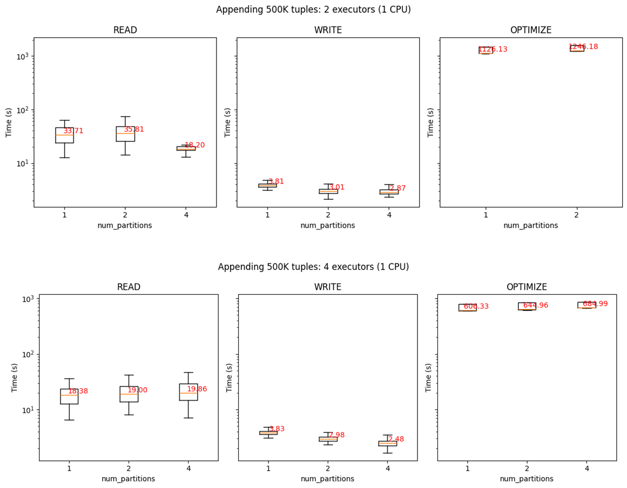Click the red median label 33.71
pos(73,131)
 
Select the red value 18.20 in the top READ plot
pos(194,145)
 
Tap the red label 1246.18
pos(583,47)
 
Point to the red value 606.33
pos(476,307)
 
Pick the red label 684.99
pos(595,304)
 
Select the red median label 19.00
pos(137,390)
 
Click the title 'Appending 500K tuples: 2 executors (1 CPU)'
pos(313,10)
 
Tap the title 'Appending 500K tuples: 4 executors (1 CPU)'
pos(313,267)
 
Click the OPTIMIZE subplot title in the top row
pos(531,30)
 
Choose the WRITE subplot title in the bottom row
pos(328,287)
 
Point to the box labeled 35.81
pos(125,134)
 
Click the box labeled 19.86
pos(188,392)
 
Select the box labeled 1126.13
pos(486,50)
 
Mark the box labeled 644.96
pos(527,306)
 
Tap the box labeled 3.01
pos(328,191)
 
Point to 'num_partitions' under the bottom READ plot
pos(129,479)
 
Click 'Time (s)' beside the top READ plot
pos(9,123)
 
